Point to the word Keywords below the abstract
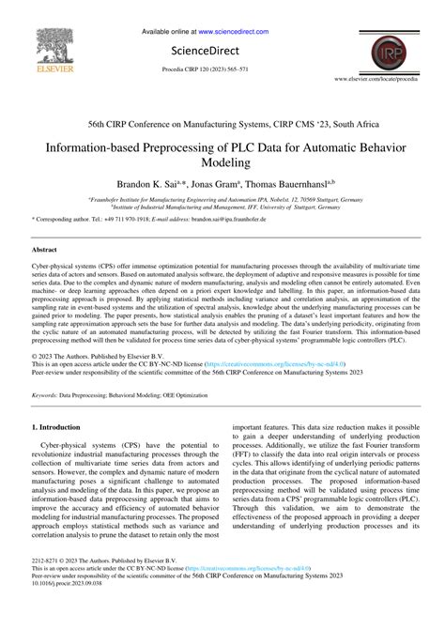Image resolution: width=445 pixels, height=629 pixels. point(46,396)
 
